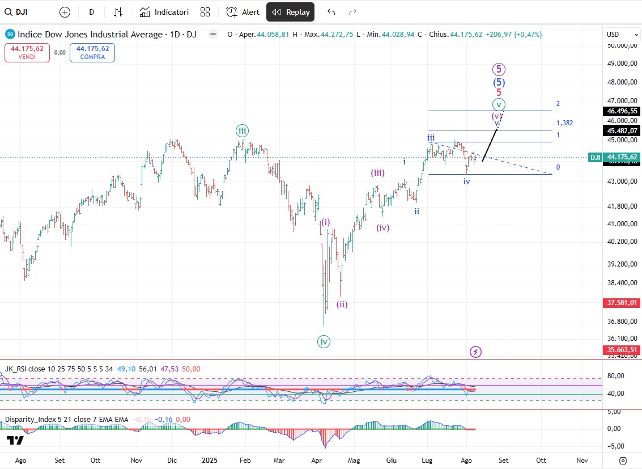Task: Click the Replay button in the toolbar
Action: [x=290, y=12]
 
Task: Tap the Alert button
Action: [x=243, y=12]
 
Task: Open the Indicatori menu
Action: [x=164, y=12]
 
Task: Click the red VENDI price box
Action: [x=27, y=53]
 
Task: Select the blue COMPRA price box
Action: [x=92, y=53]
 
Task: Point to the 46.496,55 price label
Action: [x=622, y=111]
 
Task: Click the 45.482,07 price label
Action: [x=622, y=130]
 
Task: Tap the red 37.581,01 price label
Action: [x=622, y=303]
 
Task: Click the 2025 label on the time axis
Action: [x=210, y=460]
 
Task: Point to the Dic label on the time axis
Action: [x=172, y=460]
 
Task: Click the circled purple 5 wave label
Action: [x=499, y=69]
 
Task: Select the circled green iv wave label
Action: [x=324, y=341]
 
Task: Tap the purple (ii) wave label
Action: [x=342, y=304]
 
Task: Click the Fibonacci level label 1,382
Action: [x=564, y=123]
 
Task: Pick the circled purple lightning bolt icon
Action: [x=476, y=352]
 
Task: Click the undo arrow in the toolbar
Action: [x=331, y=12]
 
